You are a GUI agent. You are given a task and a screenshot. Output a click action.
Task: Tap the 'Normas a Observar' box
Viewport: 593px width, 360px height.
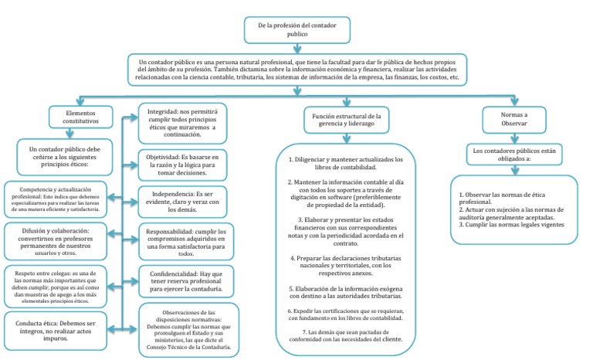tap(503, 117)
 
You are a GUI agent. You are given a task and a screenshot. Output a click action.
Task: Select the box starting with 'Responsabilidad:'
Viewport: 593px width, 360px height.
tap(182, 241)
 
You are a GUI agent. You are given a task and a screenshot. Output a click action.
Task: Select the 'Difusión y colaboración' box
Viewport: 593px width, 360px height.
tap(59, 240)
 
